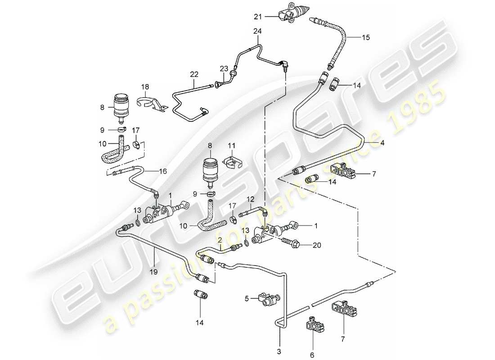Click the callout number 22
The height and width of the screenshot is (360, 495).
[x=194, y=73]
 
